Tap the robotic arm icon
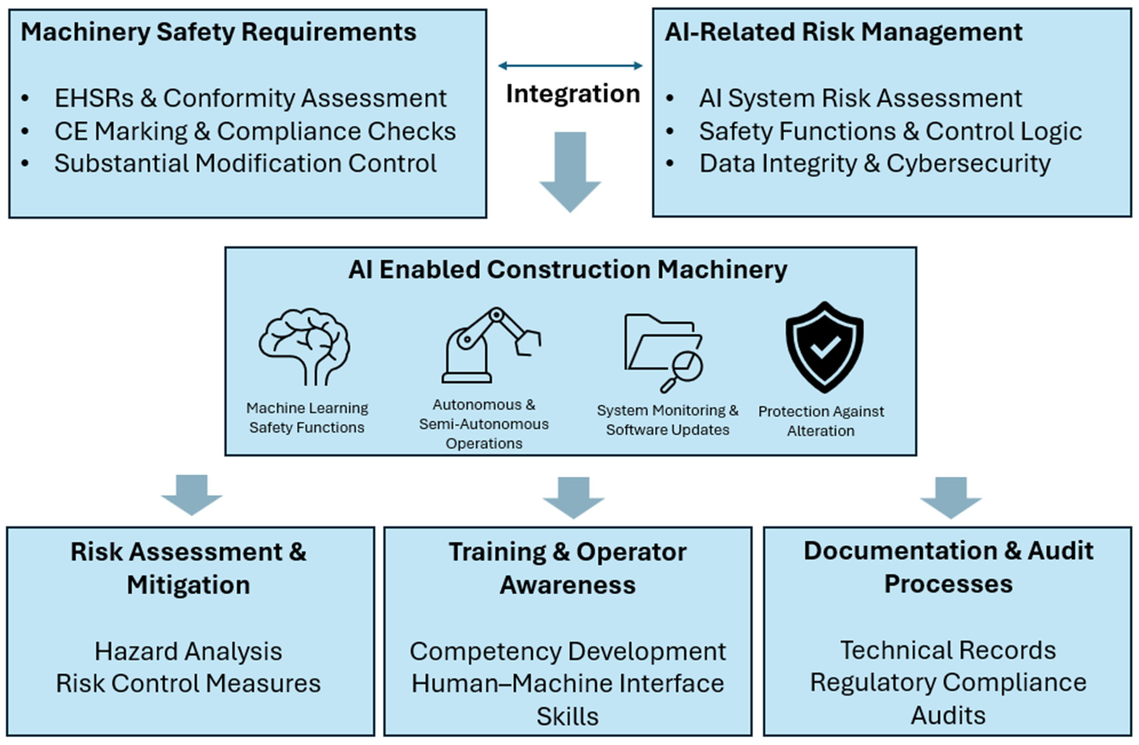tap(491, 345)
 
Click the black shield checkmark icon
tap(824, 347)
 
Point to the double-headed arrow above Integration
tap(570, 65)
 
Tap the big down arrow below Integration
tap(570, 172)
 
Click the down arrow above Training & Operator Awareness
tap(574, 497)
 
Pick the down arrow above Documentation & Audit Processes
tap(950, 497)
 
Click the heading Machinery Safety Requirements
tap(218, 32)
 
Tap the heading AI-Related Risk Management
tap(843, 32)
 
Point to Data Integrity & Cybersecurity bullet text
tap(875, 164)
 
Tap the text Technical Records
tap(948, 650)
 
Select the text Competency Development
tap(567, 651)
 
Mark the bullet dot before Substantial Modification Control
tap(25, 164)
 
